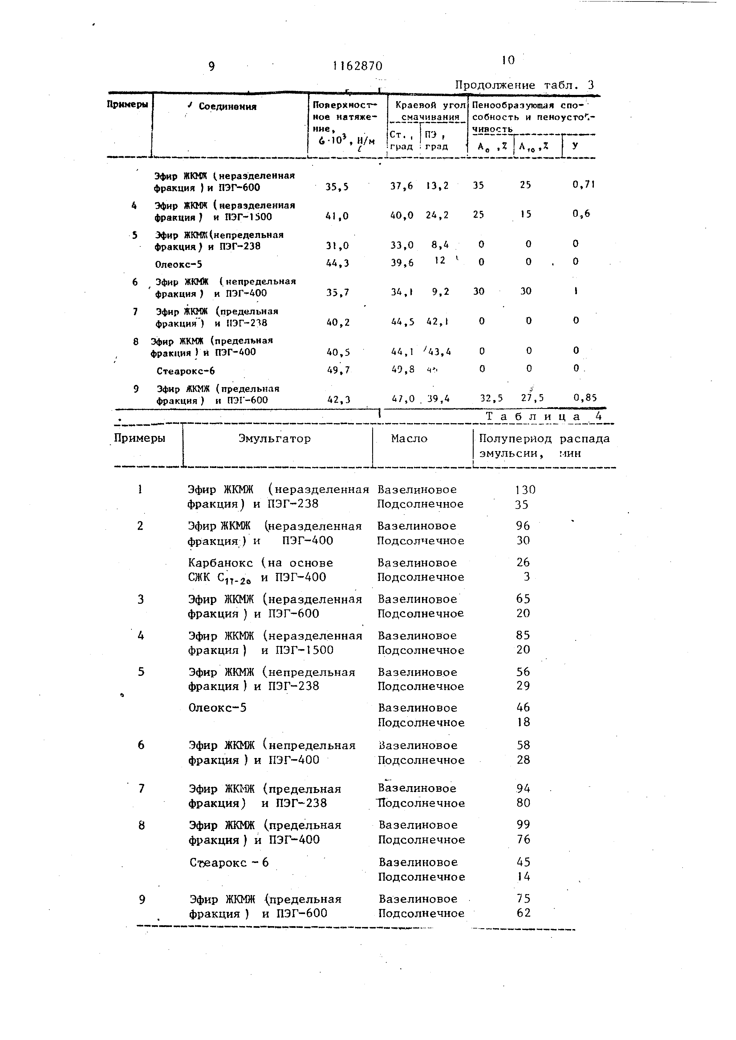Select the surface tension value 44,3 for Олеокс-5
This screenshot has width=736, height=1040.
click(x=337, y=263)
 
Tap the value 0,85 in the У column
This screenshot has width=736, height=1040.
click(x=585, y=398)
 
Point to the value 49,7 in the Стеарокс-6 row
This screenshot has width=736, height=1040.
click(x=338, y=370)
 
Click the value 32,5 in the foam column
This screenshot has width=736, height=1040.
click(x=491, y=398)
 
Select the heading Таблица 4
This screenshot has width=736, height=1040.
click(x=544, y=416)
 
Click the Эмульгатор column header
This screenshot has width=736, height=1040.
click(x=275, y=439)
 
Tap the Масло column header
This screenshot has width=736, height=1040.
click(x=409, y=439)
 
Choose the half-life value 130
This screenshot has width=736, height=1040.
click(x=525, y=490)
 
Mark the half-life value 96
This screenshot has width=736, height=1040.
click(x=523, y=526)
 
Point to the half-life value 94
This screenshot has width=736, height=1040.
click(x=523, y=789)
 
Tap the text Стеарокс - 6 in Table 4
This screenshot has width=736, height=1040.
click(x=229, y=862)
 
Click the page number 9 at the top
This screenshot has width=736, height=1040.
click(x=212, y=67)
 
